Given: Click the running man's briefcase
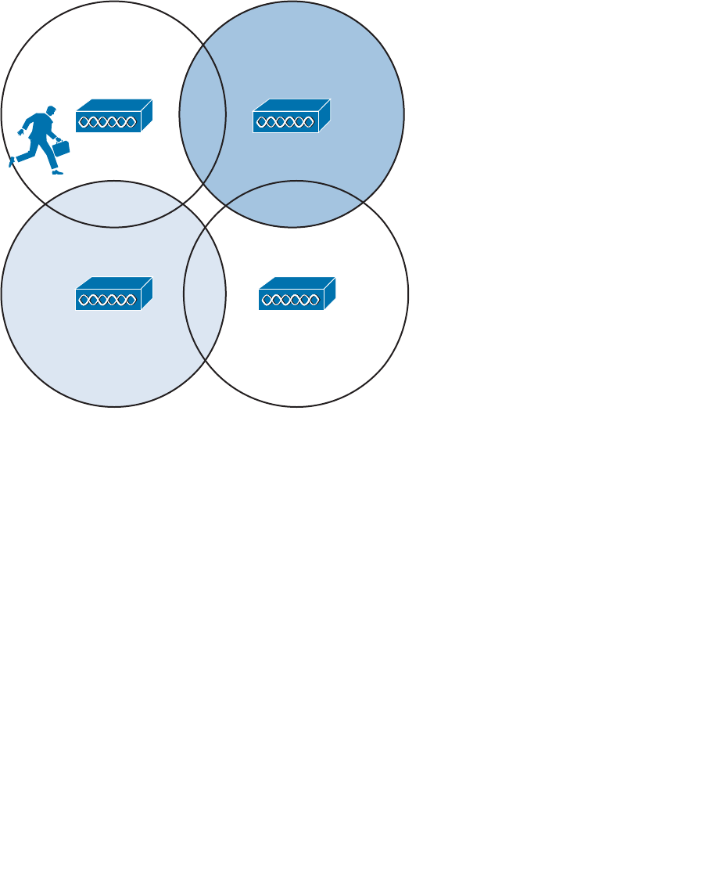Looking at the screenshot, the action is pos(61,148).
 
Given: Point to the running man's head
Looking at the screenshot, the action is pos(52,111).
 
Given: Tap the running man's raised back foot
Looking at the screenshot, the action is pos(12,162).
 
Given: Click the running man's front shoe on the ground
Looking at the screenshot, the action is pos(57,171).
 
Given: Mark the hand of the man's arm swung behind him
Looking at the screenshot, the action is pos(20,133).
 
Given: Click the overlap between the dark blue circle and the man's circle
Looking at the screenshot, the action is pos(203,114).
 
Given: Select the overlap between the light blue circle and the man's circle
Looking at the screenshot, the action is pos(113,204).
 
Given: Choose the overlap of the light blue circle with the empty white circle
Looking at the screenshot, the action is pos(205,294).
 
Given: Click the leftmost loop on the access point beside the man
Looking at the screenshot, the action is pos(83,122).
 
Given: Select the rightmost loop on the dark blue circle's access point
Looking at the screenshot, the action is pos(312,122).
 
